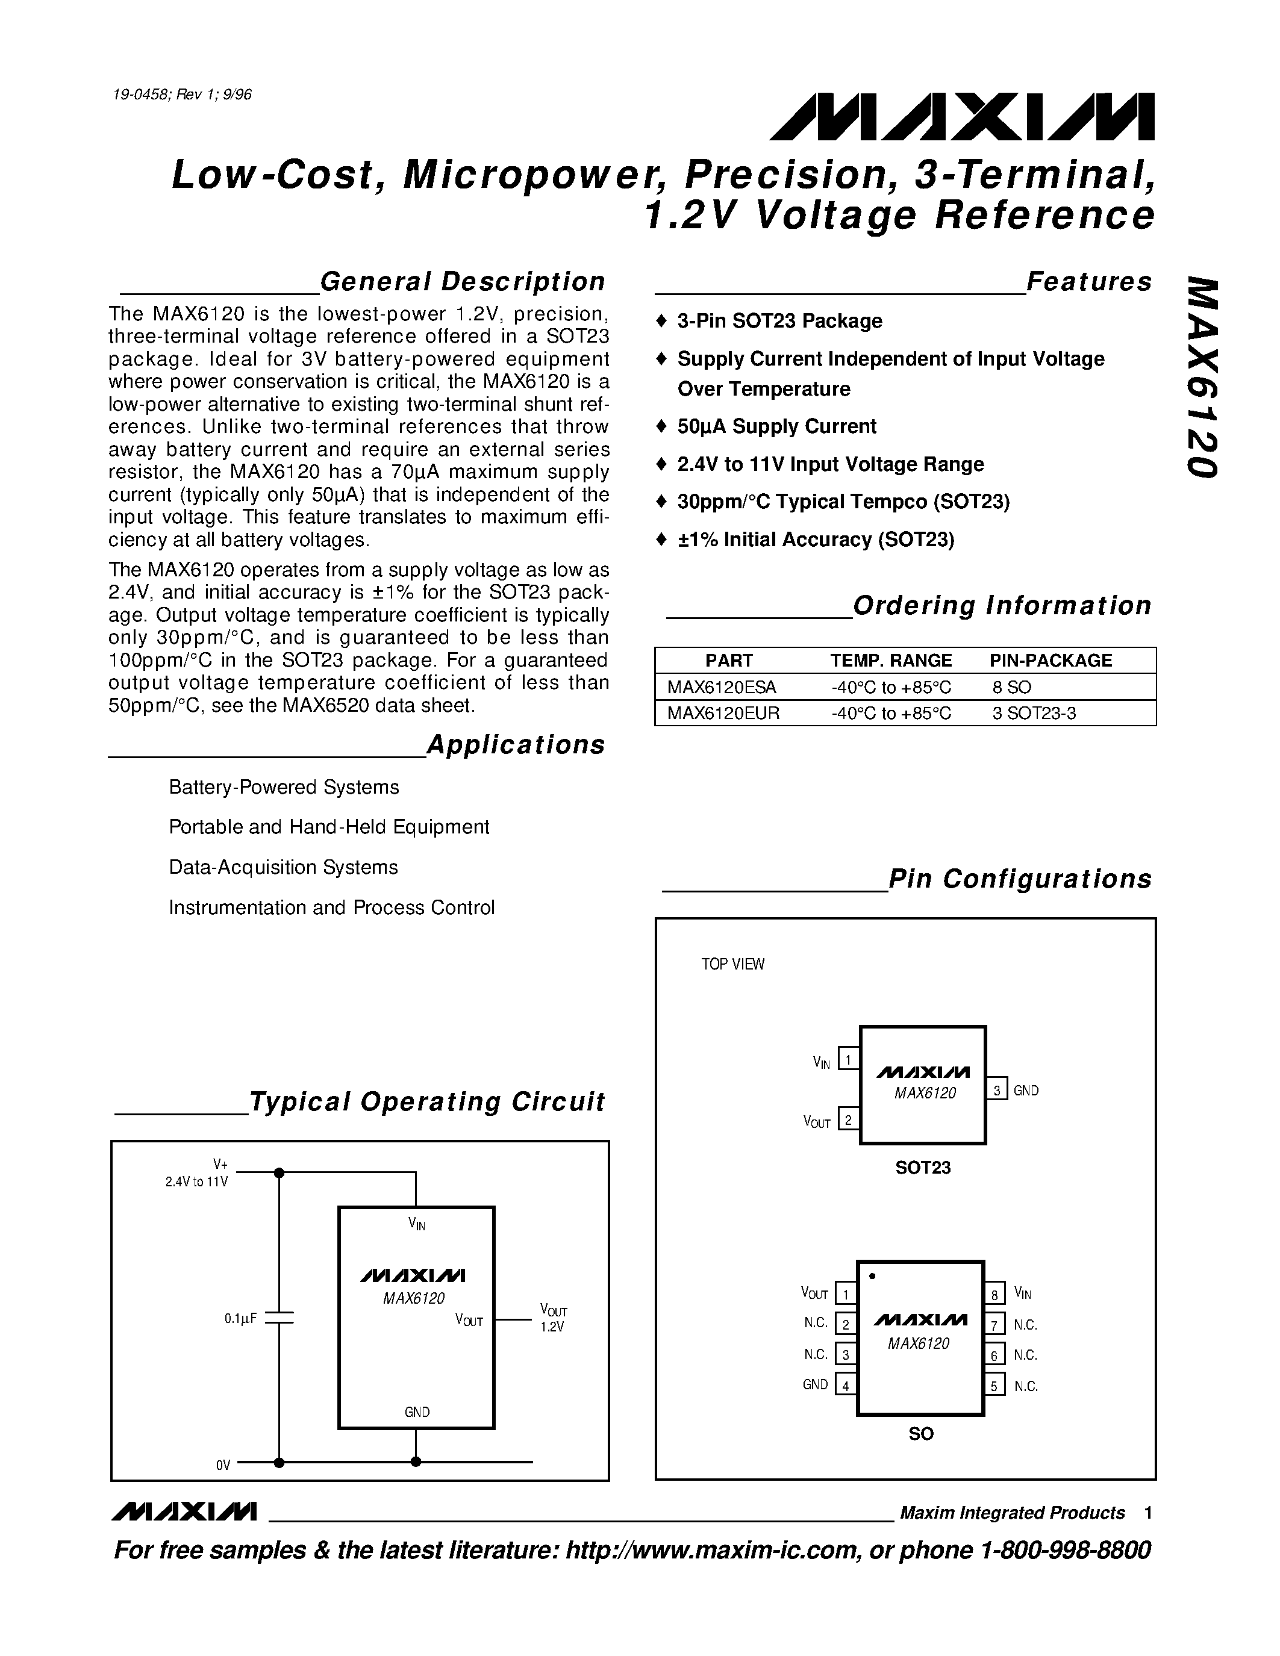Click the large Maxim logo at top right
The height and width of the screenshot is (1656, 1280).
(x=961, y=117)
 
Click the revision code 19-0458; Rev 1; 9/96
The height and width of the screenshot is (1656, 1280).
(x=182, y=95)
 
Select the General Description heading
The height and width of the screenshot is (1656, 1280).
(x=462, y=282)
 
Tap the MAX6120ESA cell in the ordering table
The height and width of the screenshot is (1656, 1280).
(x=721, y=687)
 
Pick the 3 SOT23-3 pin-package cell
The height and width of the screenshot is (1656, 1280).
(x=1034, y=713)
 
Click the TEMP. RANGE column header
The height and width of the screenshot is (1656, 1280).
(x=890, y=661)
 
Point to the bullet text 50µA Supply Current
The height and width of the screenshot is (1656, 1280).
(x=776, y=427)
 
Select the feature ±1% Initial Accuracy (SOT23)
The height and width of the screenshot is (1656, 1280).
(x=815, y=540)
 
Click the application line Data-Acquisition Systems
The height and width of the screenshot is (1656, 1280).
(x=284, y=867)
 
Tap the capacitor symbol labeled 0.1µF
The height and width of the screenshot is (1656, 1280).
(x=279, y=1319)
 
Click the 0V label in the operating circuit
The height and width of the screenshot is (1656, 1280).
(x=223, y=1465)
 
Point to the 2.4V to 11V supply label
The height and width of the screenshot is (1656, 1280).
(x=196, y=1181)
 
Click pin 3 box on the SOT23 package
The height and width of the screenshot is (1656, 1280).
(x=996, y=1091)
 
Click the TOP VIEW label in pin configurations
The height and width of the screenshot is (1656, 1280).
(x=732, y=965)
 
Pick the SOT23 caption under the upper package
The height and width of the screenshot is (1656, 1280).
(x=922, y=1168)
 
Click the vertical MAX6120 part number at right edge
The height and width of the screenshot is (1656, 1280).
(x=1202, y=378)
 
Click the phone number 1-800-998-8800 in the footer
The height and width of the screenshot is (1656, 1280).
(x=1066, y=1550)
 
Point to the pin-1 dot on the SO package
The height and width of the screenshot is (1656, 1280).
(x=872, y=1276)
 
